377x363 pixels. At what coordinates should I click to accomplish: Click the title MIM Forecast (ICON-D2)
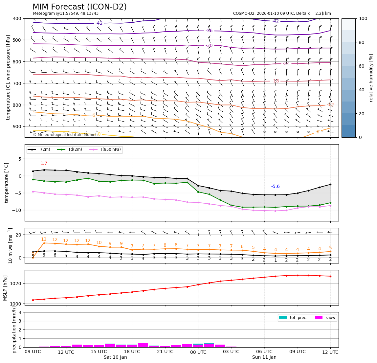79,7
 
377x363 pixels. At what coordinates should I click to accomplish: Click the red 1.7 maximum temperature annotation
44,164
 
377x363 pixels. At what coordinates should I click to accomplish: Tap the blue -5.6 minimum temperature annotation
275,187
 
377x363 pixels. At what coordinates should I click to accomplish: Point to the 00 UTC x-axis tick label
198,352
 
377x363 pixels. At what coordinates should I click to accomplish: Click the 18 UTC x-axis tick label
132,352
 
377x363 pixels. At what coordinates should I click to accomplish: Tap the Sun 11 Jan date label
264,357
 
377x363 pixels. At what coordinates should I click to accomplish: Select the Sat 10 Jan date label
115,357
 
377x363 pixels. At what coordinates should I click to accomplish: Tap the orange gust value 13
44,239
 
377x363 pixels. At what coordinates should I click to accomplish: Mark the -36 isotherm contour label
209,31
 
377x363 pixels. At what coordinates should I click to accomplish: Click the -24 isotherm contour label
286,64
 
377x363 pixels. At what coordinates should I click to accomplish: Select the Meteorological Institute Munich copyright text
65,135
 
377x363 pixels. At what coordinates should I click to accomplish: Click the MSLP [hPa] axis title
5,288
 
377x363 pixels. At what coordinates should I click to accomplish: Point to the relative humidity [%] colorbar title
371,78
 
